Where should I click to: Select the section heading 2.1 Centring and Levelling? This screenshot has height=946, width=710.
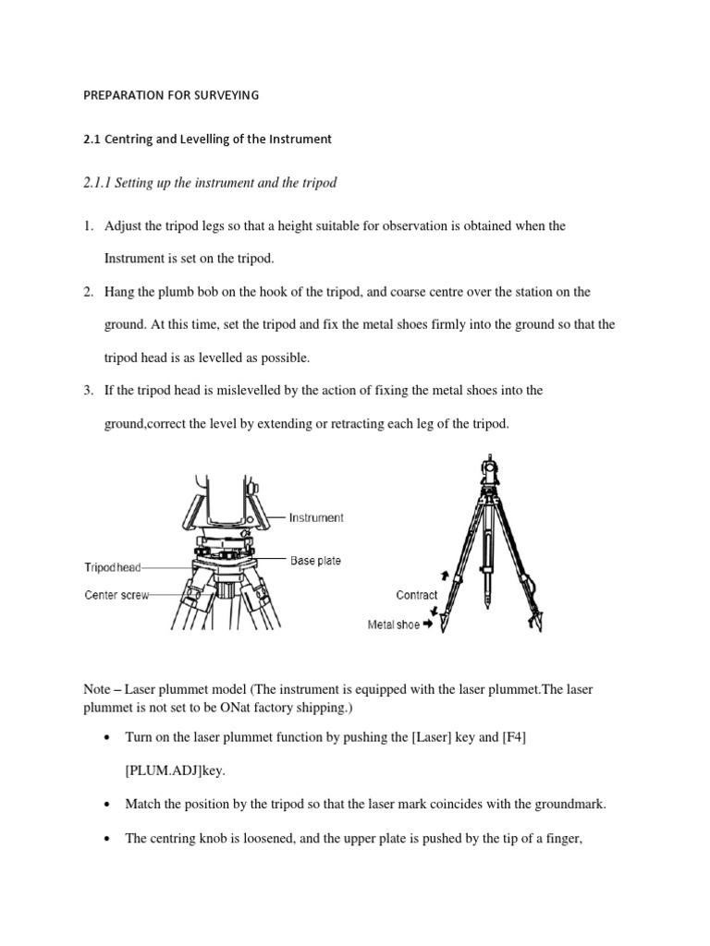point(207,139)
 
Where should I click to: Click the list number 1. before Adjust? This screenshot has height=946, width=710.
point(89,226)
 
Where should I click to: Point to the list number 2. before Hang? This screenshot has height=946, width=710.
point(89,292)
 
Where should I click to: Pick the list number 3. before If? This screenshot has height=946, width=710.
point(89,390)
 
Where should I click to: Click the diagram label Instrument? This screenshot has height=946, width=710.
point(316,518)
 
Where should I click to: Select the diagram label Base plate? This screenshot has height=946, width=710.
point(315,561)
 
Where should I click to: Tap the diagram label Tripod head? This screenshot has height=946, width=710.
point(113,568)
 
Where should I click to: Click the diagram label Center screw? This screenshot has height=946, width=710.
point(116,595)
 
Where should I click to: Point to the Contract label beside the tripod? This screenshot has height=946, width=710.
point(416,595)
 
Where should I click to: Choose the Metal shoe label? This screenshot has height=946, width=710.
point(394,625)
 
